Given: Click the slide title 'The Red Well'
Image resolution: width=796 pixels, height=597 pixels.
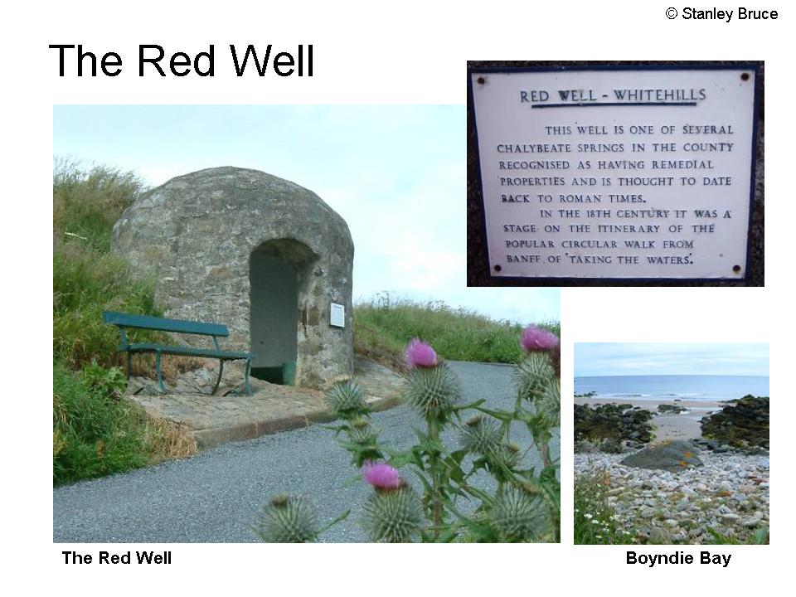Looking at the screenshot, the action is click(182, 61).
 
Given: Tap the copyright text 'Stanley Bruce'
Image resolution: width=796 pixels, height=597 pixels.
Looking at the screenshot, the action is click(730, 14).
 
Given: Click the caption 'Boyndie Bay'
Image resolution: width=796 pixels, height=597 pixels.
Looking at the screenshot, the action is click(678, 558).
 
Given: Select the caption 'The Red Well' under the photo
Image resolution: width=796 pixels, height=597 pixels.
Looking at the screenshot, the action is click(117, 558).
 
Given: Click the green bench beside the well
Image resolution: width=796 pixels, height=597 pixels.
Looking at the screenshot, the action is click(177, 350).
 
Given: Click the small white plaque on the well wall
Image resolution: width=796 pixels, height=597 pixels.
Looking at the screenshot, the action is click(337, 315).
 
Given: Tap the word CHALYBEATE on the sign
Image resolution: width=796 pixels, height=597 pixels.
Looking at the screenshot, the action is click(528, 148).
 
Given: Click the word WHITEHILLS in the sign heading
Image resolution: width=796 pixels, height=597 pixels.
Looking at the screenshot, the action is click(659, 95).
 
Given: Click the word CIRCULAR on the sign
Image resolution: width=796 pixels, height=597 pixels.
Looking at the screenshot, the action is click(589, 244).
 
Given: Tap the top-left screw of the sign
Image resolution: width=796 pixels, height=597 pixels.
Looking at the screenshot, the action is click(480, 80).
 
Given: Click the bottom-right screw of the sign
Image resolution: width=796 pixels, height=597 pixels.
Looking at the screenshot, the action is click(736, 269).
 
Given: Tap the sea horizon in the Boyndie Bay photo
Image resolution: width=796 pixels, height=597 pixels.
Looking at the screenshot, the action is click(671, 376).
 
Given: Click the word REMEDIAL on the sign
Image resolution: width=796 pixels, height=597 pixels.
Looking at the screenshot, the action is click(682, 165).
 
